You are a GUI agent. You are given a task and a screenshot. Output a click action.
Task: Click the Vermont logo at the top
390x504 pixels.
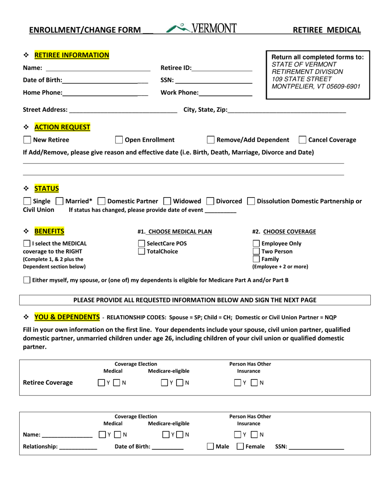202,28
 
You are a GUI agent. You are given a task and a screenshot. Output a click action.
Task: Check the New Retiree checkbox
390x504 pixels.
27,140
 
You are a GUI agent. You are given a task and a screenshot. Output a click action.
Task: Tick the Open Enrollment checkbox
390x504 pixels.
119,140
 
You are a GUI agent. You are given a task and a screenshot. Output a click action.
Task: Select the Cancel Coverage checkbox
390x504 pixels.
302,140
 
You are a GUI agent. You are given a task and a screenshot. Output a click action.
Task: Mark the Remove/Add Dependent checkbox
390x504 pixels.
211,140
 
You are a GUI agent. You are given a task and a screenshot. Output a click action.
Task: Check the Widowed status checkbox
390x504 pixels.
167,201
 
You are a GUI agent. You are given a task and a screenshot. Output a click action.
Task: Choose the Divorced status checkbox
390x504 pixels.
210,201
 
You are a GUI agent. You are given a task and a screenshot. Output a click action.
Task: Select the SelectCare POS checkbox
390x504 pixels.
142,243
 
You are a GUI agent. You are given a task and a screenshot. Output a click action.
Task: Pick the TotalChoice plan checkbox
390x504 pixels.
142,251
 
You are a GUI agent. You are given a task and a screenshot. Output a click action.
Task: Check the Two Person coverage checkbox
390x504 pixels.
256,251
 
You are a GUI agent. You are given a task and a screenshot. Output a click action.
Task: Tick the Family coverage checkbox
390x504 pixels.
256,259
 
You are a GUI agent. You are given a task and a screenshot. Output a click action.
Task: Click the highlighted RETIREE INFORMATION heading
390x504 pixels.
72,55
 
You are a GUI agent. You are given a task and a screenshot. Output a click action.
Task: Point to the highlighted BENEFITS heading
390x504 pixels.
49,231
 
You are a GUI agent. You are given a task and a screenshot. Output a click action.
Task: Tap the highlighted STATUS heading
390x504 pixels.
46,188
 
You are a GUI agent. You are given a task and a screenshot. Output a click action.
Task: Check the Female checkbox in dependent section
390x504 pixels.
241,446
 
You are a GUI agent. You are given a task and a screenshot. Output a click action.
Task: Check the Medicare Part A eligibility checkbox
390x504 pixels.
27,280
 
